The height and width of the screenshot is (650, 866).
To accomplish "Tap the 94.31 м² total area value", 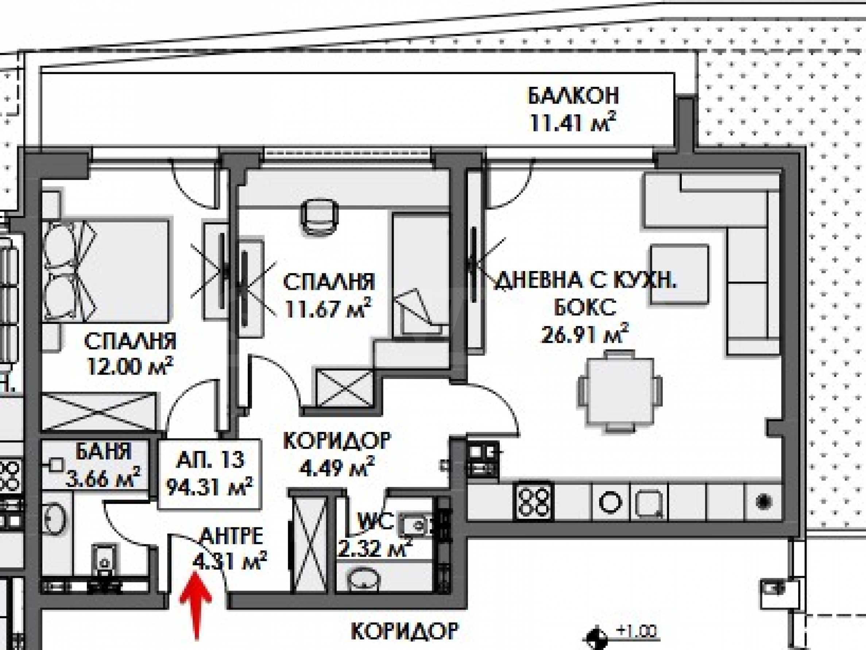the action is pyautogui.click(x=209, y=487).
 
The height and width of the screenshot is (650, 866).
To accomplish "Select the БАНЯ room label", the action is pyautogui.click(x=103, y=453).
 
